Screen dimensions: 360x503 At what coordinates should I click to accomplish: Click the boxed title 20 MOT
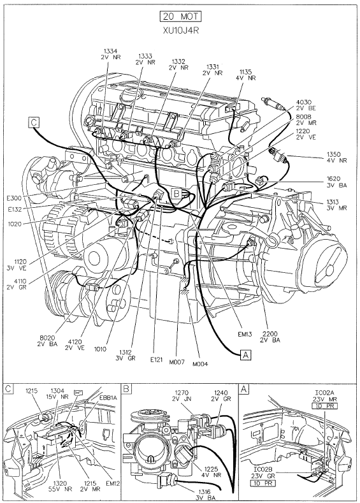coord(180,17)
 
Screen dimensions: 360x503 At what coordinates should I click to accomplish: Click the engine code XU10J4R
coord(180,30)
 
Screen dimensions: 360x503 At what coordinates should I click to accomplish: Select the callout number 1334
coord(110,51)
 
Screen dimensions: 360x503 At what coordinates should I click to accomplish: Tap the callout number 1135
coord(245,72)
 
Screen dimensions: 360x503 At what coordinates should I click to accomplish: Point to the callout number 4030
coord(303,103)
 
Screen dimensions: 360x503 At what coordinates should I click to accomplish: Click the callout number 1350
coord(334,154)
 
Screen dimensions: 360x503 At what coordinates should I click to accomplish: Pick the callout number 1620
coord(333,179)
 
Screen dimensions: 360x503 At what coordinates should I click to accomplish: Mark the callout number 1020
coord(15,224)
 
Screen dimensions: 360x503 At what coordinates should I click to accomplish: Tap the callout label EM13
coord(245,334)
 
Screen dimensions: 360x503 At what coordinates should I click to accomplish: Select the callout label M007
coord(177,362)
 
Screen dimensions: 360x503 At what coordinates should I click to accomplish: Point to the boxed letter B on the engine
coord(176,193)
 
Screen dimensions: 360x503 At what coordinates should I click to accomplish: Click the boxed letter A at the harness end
coord(245,355)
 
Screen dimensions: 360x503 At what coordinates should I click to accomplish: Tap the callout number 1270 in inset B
coord(182,393)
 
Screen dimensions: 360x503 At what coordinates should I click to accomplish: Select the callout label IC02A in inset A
coord(322,392)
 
